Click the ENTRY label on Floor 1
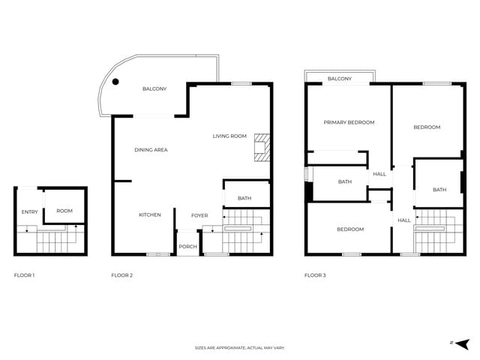29,211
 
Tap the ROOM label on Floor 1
64,211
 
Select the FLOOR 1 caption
25,275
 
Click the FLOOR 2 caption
122,275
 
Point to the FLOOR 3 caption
315,275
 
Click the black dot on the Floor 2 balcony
115,82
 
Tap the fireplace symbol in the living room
262,147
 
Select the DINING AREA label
151,150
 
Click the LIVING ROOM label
229,136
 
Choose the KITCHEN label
150,215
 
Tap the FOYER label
199,215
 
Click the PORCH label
187,247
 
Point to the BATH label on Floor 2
244,198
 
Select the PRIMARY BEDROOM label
349,122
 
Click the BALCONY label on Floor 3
340,79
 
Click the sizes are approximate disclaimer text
240,348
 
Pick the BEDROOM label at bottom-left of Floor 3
349,229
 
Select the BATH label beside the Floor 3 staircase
439,190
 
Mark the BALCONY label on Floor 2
154,89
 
